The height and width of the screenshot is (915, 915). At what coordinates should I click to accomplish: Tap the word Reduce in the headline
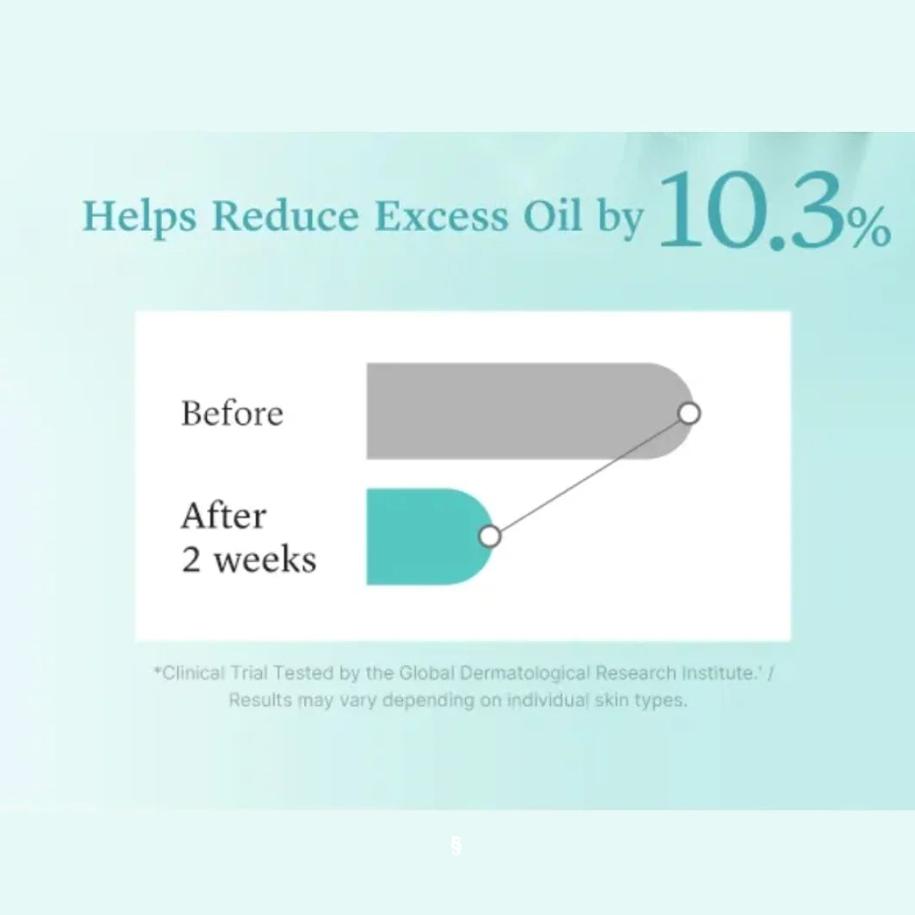pyautogui.click(x=285, y=215)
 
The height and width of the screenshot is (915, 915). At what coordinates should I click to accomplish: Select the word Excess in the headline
pyautogui.click(x=441, y=216)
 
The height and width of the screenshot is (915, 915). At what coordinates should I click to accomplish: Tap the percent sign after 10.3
pyautogui.click(x=869, y=228)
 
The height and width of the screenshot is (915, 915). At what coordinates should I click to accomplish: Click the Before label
pyautogui.click(x=233, y=414)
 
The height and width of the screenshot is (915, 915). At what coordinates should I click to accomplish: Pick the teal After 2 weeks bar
pyautogui.click(x=429, y=536)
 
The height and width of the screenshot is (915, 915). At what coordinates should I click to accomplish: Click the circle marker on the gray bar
pyautogui.click(x=689, y=414)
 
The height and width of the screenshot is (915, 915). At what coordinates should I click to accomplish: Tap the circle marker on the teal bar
pyautogui.click(x=489, y=536)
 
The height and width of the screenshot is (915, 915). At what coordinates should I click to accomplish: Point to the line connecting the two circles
pyautogui.click(x=589, y=475)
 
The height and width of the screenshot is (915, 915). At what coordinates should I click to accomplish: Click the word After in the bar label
pyautogui.click(x=223, y=516)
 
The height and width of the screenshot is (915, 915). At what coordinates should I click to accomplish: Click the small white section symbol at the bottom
pyautogui.click(x=457, y=845)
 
